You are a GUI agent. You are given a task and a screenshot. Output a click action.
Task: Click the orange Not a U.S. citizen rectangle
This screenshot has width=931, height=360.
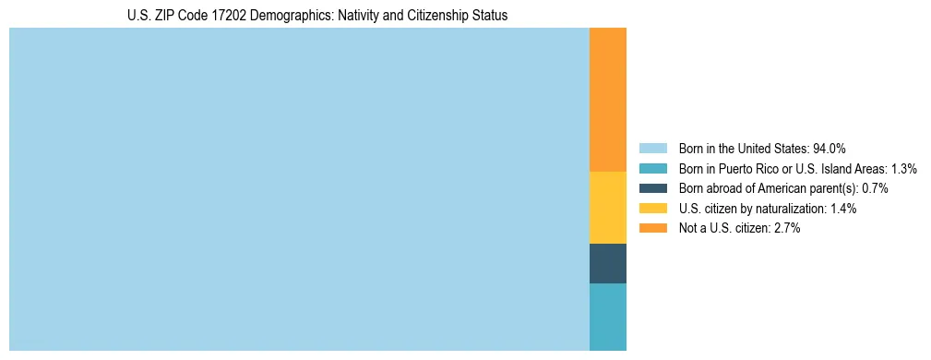coord(607,100)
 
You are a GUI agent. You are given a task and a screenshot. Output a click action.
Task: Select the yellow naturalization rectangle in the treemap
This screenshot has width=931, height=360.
coord(607,208)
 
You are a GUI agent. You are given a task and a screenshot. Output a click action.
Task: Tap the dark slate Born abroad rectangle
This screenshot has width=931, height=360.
coord(607,263)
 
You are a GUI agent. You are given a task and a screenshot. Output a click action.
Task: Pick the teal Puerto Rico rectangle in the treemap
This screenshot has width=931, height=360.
coord(607,317)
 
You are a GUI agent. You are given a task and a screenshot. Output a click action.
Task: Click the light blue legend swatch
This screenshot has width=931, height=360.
coord(652,149)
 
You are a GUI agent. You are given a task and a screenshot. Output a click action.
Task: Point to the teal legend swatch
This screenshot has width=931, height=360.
coord(652,169)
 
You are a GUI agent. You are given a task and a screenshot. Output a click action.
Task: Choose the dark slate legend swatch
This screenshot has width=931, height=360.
coord(652,188)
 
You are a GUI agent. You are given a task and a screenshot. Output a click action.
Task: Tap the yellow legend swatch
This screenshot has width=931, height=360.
coord(652,209)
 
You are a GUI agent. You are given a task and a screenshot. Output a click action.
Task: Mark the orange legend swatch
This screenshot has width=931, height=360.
coord(652,228)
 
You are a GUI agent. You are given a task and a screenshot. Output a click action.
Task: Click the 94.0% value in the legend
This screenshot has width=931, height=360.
coord(830,149)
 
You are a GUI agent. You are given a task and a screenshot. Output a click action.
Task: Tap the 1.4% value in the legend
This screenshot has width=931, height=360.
coord(842,209)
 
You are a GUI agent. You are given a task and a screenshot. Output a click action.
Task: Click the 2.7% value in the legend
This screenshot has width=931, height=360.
coord(786,228)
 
